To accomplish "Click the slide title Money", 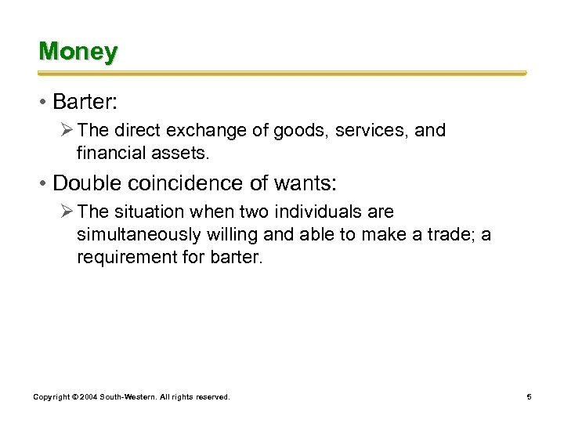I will coord(78,52).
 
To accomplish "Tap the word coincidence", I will coord(185,183).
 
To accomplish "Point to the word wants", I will coord(305,183).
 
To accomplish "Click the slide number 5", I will coord(529,397).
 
